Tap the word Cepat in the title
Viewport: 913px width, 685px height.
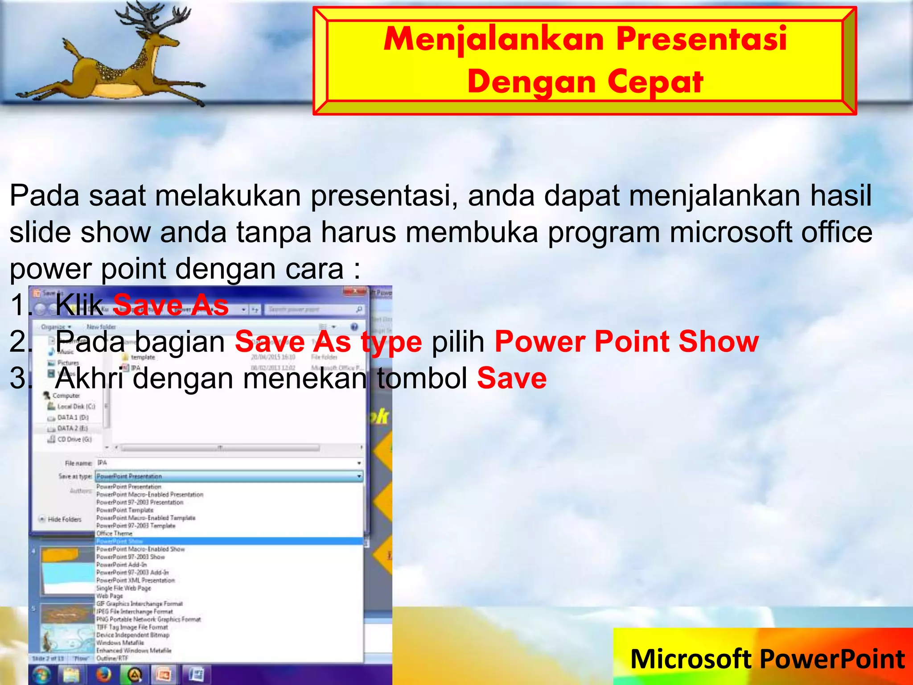pos(655,82)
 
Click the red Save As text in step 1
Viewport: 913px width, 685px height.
pos(171,305)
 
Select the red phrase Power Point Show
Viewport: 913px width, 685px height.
pos(626,342)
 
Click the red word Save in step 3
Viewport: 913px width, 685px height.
pos(511,379)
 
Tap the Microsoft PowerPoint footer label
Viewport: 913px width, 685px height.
pos(767,659)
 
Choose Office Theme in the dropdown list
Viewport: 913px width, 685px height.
pos(114,533)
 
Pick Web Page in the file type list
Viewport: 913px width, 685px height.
pos(109,596)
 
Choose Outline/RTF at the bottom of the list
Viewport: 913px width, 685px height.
pos(112,658)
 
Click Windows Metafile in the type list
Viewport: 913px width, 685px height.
pos(120,643)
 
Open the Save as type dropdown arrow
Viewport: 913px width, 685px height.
pos(359,477)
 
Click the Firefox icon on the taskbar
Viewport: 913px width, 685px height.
pos(103,674)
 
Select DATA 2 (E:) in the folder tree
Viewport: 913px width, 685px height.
pos(72,428)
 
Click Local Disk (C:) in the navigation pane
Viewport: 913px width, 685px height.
pos(76,406)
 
